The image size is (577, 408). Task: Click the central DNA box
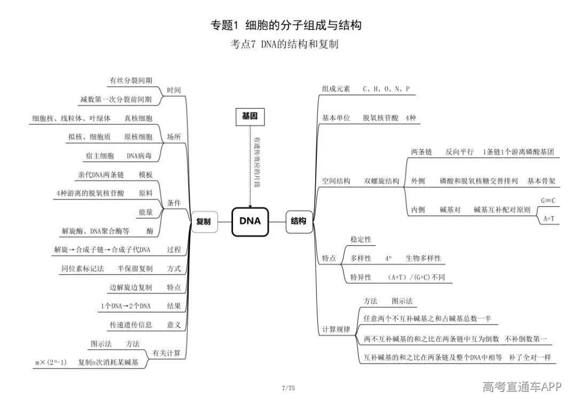pos(250,222)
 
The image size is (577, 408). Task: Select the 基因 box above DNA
pos(250,117)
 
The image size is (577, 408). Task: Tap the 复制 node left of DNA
pos(204,222)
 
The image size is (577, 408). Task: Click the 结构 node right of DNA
pos(299,222)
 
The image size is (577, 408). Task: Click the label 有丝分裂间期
pos(131,80)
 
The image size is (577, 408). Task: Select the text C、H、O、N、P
pos(386,89)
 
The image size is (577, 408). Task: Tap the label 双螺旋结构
pos(381,181)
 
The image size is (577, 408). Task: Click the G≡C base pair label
pos(548,201)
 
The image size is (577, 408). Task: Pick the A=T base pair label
pos(549,219)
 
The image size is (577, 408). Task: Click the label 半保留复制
pos(135,268)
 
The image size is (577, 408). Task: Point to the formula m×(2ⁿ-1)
pos(51,363)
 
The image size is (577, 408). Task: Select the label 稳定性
pos(361,240)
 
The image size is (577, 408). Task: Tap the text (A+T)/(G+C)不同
pos(416,278)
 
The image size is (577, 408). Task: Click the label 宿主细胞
pos(100,156)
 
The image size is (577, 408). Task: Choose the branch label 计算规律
pos(336,329)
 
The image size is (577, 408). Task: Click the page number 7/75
pos(288,388)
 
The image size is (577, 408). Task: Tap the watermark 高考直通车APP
pos(522,386)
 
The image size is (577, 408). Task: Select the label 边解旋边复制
pos(131,287)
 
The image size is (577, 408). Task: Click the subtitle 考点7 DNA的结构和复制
pos(284,44)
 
